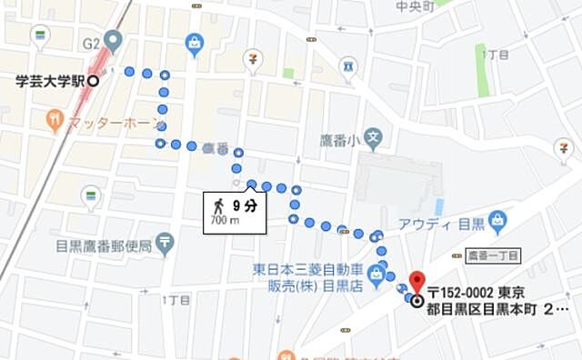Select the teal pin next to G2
[x=112, y=40]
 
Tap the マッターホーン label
[x=115, y=121]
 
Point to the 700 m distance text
[x=225, y=220]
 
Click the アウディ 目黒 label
[x=440, y=223]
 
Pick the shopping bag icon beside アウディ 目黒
[x=497, y=220]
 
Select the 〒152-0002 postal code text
[x=463, y=293]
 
